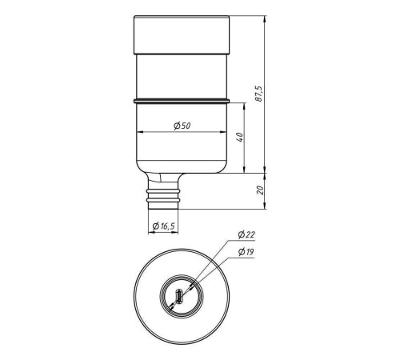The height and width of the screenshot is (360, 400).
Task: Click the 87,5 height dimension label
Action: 258,91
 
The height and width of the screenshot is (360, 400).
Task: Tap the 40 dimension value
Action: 239,138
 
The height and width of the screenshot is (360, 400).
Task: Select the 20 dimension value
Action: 258,190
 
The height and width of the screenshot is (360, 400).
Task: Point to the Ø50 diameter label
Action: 182,125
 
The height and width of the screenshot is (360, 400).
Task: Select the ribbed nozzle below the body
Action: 166,196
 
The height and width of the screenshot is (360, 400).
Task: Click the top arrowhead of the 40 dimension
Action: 245,106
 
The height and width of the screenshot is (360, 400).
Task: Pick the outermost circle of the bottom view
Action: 135,296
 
